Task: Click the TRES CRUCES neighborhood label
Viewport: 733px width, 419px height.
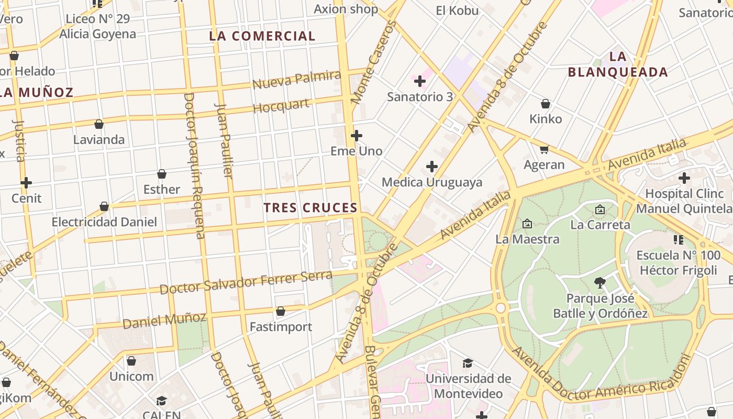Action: pyautogui.click(x=310, y=208)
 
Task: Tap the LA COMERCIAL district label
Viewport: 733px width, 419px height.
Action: pyautogui.click(x=262, y=36)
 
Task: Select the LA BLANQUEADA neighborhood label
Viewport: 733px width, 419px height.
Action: pyautogui.click(x=618, y=64)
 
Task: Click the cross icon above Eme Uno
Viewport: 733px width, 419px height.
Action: pyautogui.click(x=357, y=136)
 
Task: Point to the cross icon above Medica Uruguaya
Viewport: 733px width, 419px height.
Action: pyautogui.click(x=432, y=167)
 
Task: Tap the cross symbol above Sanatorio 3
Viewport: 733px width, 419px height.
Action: pyautogui.click(x=420, y=81)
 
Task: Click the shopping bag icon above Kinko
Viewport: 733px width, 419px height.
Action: pyautogui.click(x=546, y=104)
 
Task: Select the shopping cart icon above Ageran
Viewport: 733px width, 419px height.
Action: pyautogui.click(x=545, y=149)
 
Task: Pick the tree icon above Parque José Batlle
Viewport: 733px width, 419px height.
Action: pyautogui.click(x=600, y=283)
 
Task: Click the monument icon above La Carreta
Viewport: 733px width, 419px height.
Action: pyautogui.click(x=600, y=210)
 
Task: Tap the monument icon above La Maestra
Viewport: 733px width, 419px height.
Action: pyautogui.click(x=527, y=224)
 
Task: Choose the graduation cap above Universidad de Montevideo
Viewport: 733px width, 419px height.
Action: pyautogui.click(x=468, y=363)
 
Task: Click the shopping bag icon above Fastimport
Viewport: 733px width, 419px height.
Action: pyautogui.click(x=281, y=311)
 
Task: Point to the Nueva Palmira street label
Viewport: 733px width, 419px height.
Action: pyautogui.click(x=296, y=80)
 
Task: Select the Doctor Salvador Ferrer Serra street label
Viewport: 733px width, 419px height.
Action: pyautogui.click(x=246, y=282)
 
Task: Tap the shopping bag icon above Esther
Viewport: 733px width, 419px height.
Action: pyautogui.click(x=162, y=174)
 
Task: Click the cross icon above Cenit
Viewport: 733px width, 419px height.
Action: pyautogui.click(x=26, y=183)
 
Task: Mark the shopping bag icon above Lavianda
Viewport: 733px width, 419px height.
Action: pyautogui.click(x=99, y=124)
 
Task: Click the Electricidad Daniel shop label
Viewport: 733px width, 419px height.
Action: pyautogui.click(x=104, y=222)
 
